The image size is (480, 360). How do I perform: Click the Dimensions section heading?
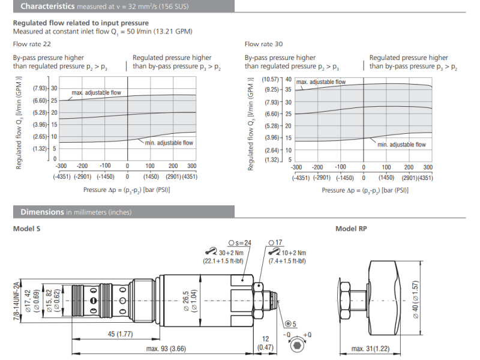(x=42, y=212)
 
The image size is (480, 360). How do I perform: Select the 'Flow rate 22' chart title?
(x=29, y=44)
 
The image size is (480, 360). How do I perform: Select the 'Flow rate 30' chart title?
(x=263, y=44)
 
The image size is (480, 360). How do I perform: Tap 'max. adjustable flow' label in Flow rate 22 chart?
(x=96, y=93)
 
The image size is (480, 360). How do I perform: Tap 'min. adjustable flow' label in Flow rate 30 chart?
(x=401, y=144)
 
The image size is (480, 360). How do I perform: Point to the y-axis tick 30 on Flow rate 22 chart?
(x=54, y=88)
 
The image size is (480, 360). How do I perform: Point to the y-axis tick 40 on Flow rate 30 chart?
(x=288, y=79)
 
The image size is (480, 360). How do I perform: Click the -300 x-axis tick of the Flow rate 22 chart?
(x=61, y=166)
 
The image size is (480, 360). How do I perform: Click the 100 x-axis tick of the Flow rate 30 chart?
(x=386, y=167)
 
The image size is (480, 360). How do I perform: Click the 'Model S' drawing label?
(x=26, y=229)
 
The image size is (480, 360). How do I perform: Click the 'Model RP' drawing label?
(x=351, y=229)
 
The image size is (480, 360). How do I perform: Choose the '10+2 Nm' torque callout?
(x=294, y=253)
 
